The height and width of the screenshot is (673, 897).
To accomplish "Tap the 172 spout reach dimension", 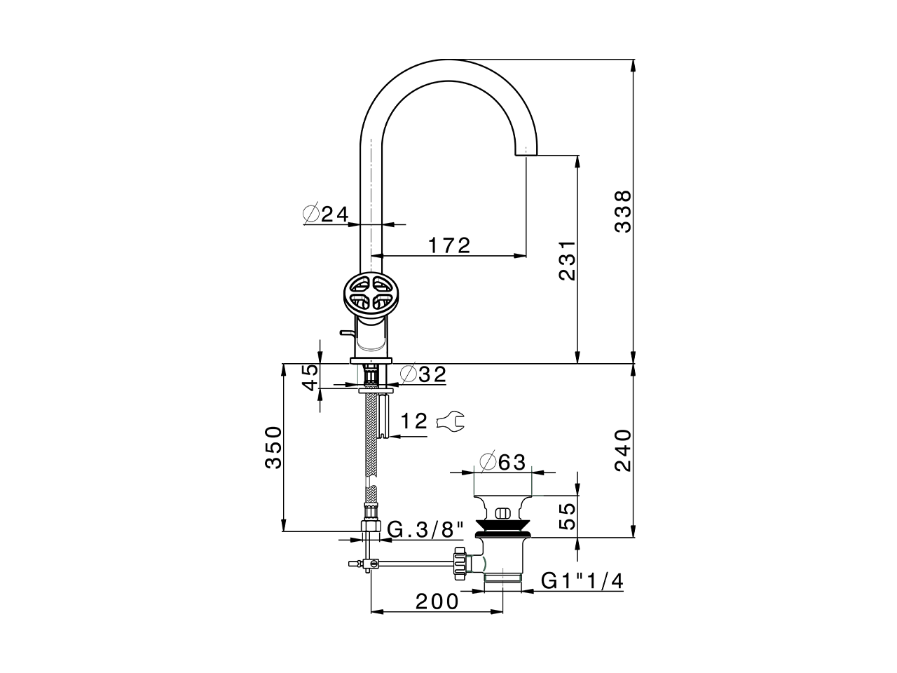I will point(449,245).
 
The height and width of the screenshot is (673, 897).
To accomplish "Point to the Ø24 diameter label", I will point(326,214).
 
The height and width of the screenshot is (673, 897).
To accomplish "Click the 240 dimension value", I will point(622,450).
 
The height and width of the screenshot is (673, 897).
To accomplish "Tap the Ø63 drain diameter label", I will point(502,461).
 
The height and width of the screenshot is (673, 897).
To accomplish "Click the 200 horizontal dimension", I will point(437,601).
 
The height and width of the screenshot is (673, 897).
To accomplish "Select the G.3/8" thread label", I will point(427,529).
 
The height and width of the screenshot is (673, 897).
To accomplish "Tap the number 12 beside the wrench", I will point(414,421).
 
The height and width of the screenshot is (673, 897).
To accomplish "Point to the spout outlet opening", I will point(526,154).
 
